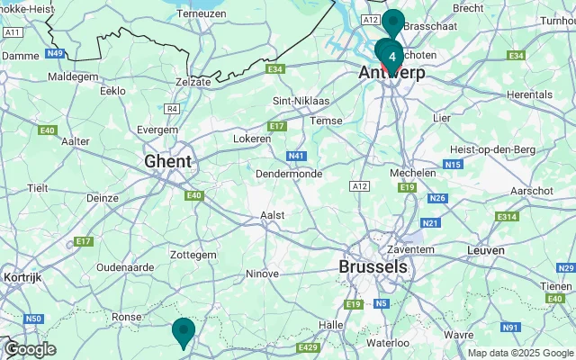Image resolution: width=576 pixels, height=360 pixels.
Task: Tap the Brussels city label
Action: (x=373, y=267)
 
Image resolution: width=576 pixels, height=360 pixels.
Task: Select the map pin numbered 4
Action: (x=392, y=56)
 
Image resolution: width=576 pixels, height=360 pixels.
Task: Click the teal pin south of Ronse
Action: (x=184, y=331)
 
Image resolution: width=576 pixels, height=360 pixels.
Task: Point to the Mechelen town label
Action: (x=417, y=171)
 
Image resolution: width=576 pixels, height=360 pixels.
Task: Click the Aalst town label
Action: (x=272, y=215)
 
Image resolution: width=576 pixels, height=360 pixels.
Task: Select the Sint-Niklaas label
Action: (x=301, y=101)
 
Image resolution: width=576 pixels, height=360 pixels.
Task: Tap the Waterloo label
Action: (x=388, y=342)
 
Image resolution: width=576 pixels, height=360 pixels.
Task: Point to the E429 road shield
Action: (x=308, y=347)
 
